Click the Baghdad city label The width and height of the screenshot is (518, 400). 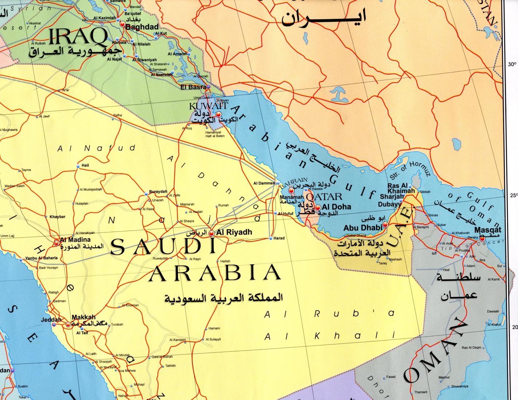tap(142, 27)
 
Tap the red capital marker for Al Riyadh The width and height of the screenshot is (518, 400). tap(211, 233)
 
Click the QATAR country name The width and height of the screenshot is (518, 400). tap(325, 197)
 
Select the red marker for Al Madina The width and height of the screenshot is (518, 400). tap(57, 243)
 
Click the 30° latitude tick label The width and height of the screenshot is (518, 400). tap(512, 64)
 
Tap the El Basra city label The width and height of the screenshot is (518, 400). tap(193, 87)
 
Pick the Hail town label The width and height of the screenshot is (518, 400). tap(85, 165)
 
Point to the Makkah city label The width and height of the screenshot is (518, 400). tap(83, 317)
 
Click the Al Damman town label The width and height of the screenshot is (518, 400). tap(264, 183)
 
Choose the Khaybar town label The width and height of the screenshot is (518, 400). tap(57, 217)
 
